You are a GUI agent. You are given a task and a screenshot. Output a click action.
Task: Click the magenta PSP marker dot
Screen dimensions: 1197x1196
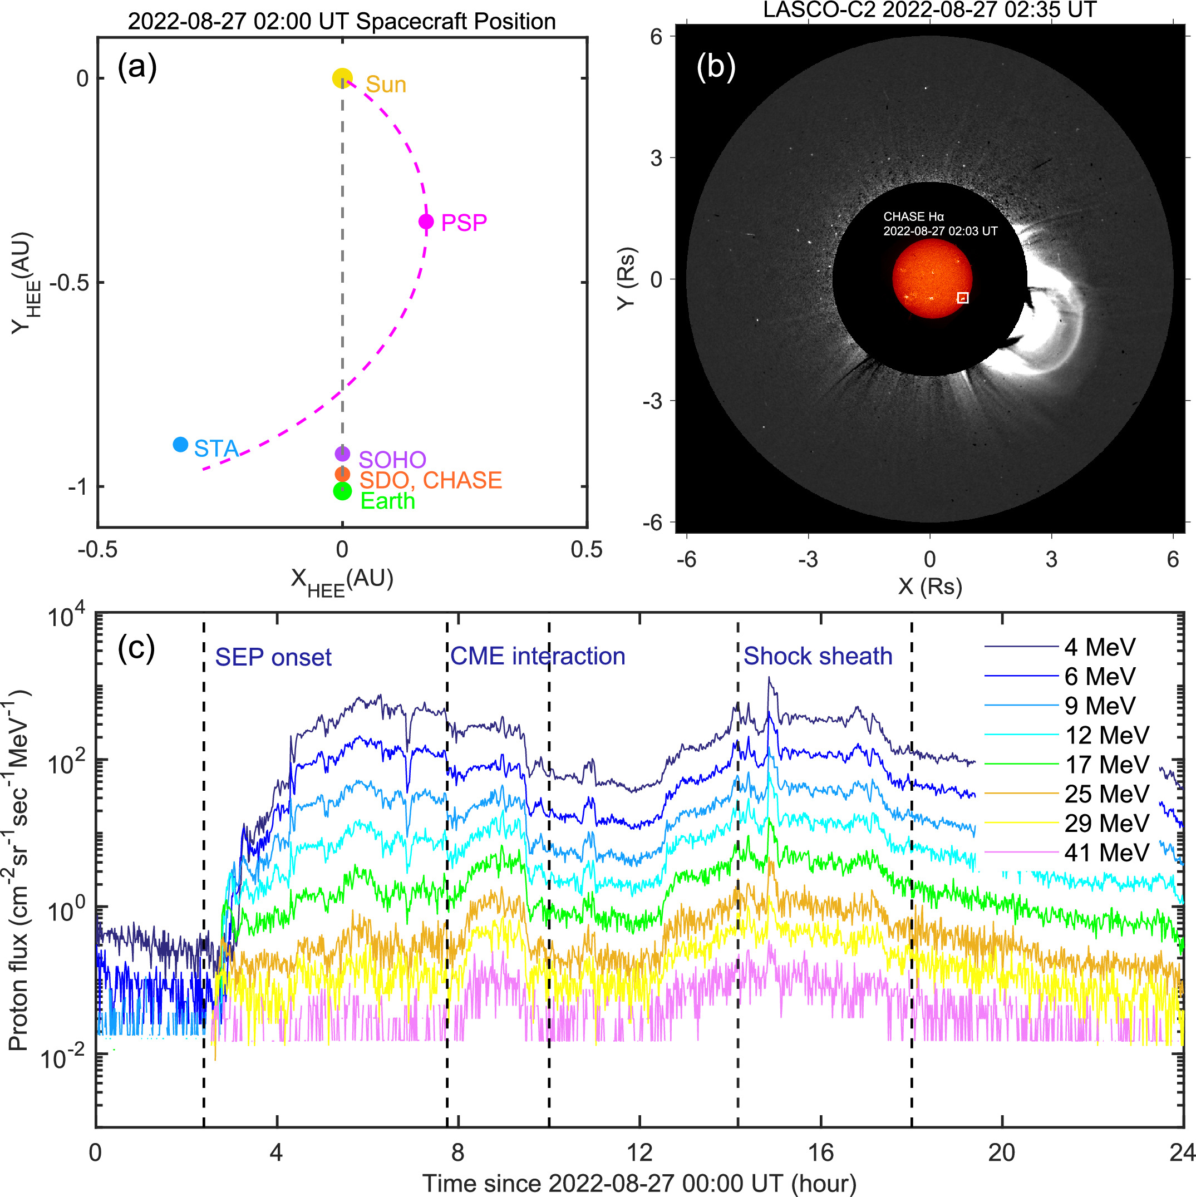click(426, 221)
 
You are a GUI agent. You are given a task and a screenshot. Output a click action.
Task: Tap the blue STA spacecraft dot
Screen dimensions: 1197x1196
click(180, 444)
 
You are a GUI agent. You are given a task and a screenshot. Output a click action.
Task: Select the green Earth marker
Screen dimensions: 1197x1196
click(343, 491)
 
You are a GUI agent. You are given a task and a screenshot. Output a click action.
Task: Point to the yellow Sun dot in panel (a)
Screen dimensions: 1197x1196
click(342, 78)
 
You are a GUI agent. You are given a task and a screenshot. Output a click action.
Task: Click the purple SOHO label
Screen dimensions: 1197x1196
click(392, 459)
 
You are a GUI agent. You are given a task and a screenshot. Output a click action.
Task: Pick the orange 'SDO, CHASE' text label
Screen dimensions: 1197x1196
click(431, 480)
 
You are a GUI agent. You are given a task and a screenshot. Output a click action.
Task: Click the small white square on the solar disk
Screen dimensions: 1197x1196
click(962, 298)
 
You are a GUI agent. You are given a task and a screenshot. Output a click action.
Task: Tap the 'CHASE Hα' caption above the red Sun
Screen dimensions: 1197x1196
click(913, 217)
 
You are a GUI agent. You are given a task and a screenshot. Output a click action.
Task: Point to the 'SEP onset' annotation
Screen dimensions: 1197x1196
click(273, 657)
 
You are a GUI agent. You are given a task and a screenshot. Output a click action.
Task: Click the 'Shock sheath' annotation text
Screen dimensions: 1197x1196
click(818, 656)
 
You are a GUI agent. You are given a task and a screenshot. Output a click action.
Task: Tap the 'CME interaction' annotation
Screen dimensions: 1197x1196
click(538, 656)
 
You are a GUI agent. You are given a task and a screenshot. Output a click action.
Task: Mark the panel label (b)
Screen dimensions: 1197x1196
click(716, 66)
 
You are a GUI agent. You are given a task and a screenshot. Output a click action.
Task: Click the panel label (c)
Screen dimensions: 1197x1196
click(136, 648)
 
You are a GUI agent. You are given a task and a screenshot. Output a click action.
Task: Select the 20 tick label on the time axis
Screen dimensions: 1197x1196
click(1002, 1152)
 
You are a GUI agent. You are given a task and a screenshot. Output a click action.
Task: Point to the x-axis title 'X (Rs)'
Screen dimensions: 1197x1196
click(929, 586)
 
